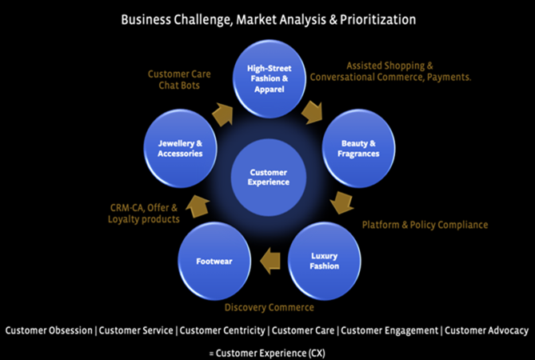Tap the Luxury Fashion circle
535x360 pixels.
point(324,260)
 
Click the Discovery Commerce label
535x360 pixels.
point(268,307)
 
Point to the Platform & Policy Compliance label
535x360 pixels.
point(425,225)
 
